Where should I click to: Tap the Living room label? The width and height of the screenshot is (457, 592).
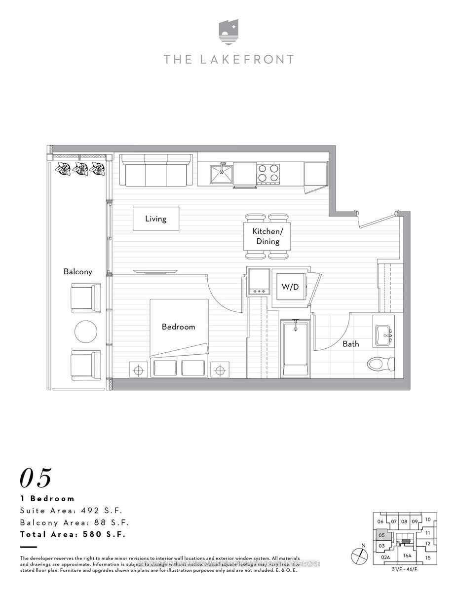[155, 219]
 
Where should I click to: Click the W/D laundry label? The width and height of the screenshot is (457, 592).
[290, 287]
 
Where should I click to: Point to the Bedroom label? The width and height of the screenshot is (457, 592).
[179, 327]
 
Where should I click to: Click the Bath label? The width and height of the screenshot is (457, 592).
[351, 344]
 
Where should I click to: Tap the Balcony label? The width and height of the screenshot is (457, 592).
[77, 272]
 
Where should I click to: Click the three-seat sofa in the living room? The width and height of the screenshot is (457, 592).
[155, 170]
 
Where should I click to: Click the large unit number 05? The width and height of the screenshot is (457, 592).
[36, 478]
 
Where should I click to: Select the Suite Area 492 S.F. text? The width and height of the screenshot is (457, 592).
[71, 511]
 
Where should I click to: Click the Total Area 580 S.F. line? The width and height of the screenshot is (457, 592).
[73, 534]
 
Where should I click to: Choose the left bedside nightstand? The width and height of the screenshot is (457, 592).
[139, 369]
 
